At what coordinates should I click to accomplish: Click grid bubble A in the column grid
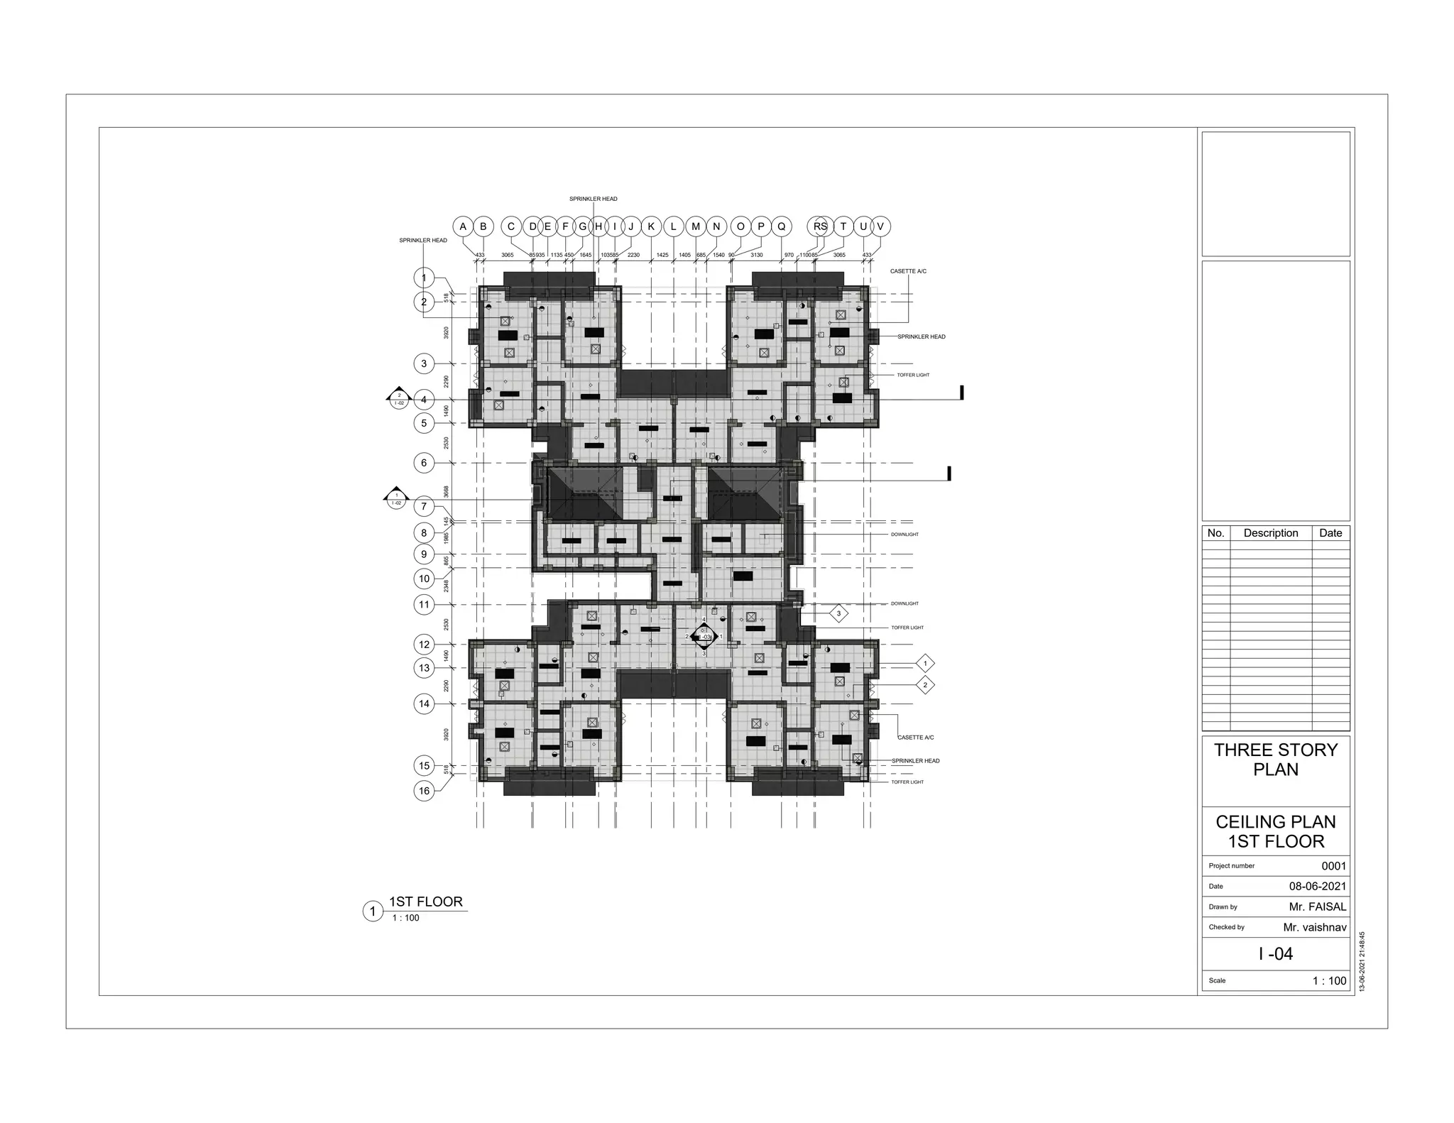pyautogui.click(x=463, y=226)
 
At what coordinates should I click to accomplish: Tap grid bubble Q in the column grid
pyautogui.click(x=782, y=226)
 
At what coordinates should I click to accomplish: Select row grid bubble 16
pyautogui.click(x=424, y=791)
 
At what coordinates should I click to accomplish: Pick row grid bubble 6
pyautogui.click(x=424, y=463)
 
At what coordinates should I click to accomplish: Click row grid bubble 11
pyautogui.click(x=424, y=605)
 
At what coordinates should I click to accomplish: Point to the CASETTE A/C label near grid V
pyautogui.click(x=908, y=271)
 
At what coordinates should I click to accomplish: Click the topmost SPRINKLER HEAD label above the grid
pyautogui.click(x=593, y=199)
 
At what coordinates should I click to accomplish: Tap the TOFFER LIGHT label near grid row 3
pyautogui.click(x=912, y=375)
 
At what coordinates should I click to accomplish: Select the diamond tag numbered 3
pyautogui.click(x=838, y=613)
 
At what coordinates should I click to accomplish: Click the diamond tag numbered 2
pyautogui.click(x=925, y=685)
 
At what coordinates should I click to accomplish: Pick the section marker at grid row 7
pyautogui.click(x=396, y=498)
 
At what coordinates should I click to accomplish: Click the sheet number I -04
pyautogui.click(x=1275, y=953)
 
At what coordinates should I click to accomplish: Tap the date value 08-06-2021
pyautogui.click(x=1317, y=886)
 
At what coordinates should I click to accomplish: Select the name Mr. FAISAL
pyautogui.click(x=1317, y=906)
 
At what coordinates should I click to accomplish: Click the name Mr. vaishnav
pyautogui.click(x=1314, y=927)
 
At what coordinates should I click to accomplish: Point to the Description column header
pyautogui.click(x=1270, y=533)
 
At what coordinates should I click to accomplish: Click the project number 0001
pyautogui.click(x=1333, y=866)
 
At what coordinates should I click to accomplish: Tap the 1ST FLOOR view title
pyautogui.click(x=425, y=902)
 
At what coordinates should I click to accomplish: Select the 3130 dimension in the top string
pyautogui.click(x=756, y=255)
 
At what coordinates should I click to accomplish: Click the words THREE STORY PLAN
pyautogui.click(x=1275, y=760)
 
